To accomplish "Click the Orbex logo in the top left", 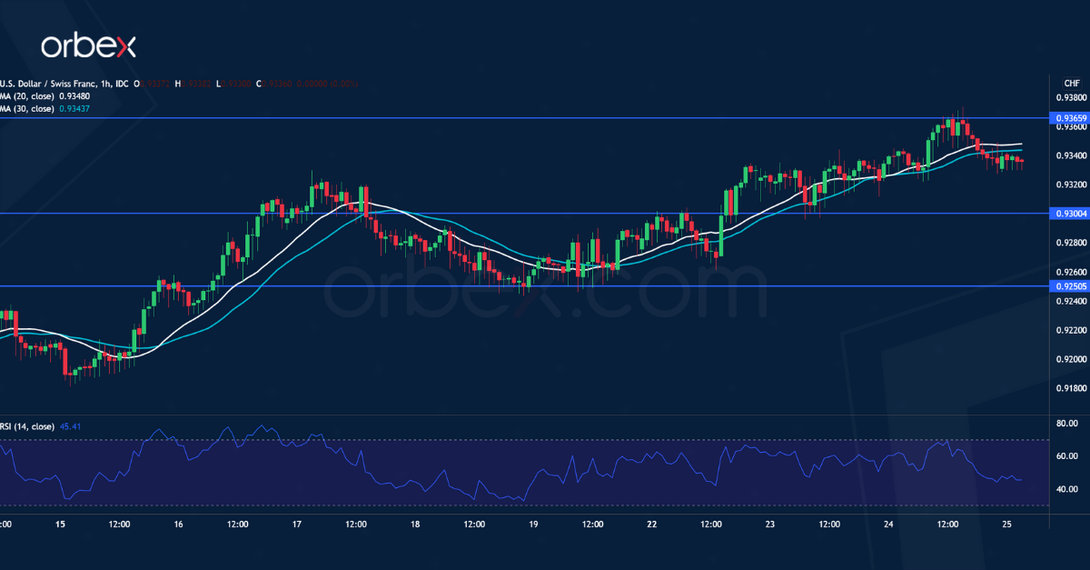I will click(x=88, y=45).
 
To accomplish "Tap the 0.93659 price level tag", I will click(x=1068, y=118).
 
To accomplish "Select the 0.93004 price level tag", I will click(x=1068, y=214).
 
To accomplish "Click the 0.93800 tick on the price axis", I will click(x=1068, y=97).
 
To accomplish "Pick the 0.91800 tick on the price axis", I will click(x=1068, y=389).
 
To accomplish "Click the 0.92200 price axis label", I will click(x=1068, y=331).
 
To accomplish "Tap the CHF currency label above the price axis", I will click(x=1069, y=82).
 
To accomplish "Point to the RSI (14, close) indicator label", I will click(x=27, y=426).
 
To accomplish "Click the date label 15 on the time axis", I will click(x=61, y=525).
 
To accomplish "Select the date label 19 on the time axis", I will click(x=534, y=525).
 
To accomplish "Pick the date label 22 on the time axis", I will click(x=652, y=525).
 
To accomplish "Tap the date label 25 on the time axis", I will click(x=1006, y=525).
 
